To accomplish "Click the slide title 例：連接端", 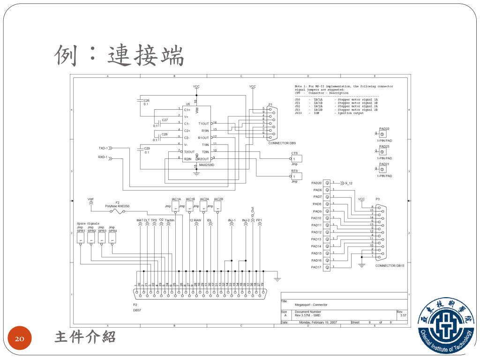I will point(120,55).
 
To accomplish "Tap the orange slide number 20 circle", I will point(20,338).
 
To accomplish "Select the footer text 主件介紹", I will point(85,337).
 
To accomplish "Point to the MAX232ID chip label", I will point(206,165).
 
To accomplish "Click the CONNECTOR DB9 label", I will point(282,143).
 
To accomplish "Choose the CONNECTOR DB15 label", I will point(390,266).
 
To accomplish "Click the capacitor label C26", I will point(146,100).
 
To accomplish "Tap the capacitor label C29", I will point(146,148).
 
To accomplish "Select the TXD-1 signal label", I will point(103,148).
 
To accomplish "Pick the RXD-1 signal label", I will point(103,157).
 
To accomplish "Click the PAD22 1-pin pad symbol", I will point(382,134).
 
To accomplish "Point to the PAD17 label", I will point(316,267).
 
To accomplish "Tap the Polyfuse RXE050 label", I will point(117,206).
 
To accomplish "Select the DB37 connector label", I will point(137,310).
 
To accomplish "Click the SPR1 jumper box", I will point(80,238).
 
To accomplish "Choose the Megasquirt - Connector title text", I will point(311,305).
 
